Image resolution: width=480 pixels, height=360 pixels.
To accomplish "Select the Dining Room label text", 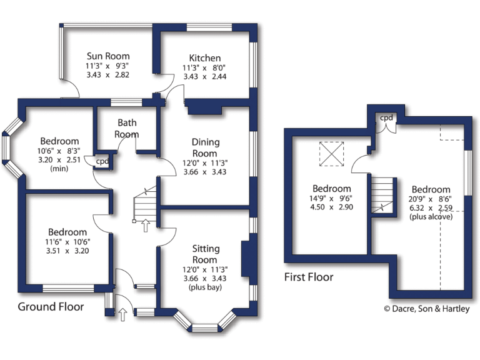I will (x=205, y=148).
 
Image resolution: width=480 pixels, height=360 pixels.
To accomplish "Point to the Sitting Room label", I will (x=205, y=255).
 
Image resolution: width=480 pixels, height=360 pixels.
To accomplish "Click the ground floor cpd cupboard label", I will (x=101, y=161).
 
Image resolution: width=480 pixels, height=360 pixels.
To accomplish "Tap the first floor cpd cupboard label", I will (x=386, y=117).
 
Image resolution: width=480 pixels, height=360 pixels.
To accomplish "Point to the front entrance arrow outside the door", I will (x=122, y=314).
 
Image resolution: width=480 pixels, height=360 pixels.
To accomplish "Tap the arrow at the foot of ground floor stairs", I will (x=145, y=226).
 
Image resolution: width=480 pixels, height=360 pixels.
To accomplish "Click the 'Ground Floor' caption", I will (x=51, y=306).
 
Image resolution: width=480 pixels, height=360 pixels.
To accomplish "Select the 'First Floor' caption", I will (x=309, y=277).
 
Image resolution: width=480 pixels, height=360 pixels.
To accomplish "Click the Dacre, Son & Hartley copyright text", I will (x=426, y=308).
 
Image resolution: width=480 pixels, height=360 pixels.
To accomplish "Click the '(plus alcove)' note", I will (x=431, y=216).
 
